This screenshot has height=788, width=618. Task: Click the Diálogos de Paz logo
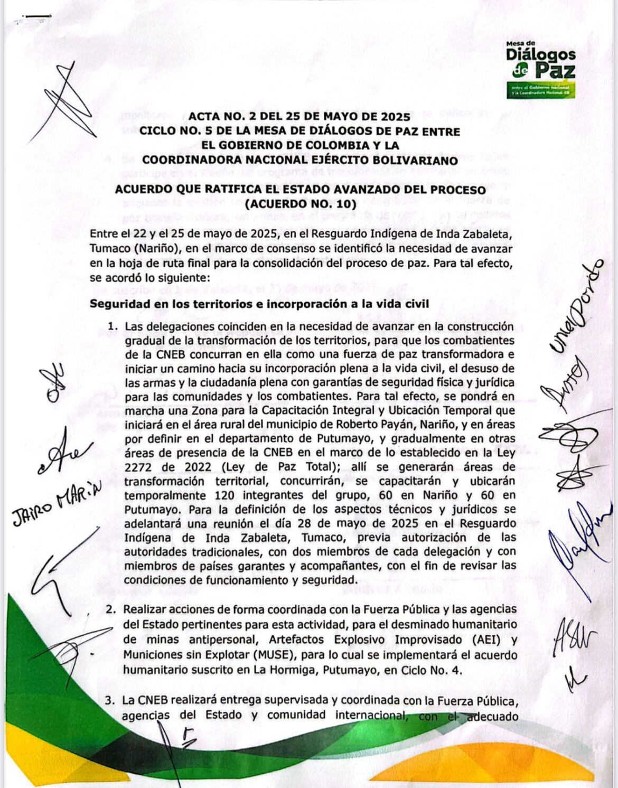(540, 69)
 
